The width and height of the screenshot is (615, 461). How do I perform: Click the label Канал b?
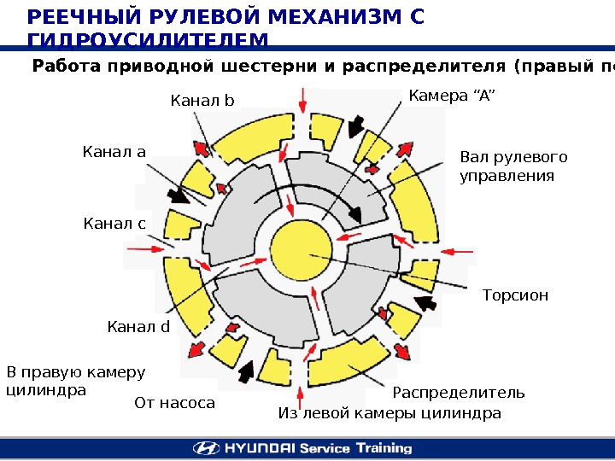tap(202, 102)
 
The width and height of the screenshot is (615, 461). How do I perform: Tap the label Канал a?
tap(114, 153)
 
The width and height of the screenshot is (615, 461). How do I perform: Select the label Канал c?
tap(114, 224)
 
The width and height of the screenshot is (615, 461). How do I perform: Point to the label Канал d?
tap(139, 326)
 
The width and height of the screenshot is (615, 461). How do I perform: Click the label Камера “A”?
tap(451, 95)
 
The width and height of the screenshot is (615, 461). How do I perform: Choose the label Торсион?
tap(515, 295)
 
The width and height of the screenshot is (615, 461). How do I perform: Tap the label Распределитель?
tap(458, 394)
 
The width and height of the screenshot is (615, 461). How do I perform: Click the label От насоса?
tap(175, 402)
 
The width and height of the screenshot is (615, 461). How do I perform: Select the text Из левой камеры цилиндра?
tap(389, 414)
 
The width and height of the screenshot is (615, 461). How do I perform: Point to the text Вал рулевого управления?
tap(513, 166)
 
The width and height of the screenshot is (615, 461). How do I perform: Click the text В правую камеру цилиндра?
tap(76, 381)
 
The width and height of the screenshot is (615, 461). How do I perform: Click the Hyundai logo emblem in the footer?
tap(204, 448)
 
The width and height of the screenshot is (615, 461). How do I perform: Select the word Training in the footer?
tap(380, 448)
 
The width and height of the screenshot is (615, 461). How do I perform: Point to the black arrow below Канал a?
tap(179, 195)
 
